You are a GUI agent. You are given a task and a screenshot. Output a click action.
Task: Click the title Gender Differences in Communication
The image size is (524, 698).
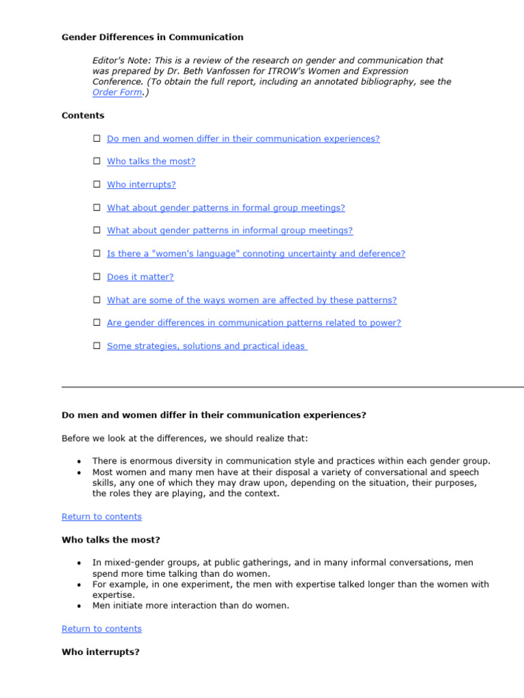[x=152, y=37]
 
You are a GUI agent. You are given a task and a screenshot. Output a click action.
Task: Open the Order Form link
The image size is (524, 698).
[x=117, y=93]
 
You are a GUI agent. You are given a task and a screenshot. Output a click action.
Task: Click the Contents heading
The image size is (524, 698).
[x=83, y=115]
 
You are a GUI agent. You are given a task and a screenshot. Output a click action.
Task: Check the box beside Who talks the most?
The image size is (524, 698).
[x=97, y=162]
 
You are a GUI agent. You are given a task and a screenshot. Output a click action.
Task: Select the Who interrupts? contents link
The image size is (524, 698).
[x=141, y=185]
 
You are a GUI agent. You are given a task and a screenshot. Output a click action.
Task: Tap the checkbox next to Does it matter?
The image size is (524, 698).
[x=97, y=277]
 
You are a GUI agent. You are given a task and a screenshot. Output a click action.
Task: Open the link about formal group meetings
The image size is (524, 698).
[x=226, y=208]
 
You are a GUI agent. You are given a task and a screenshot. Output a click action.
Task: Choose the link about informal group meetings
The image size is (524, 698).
[x=230, y=230]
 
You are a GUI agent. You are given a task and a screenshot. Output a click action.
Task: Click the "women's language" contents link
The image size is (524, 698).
[x=256, y=254]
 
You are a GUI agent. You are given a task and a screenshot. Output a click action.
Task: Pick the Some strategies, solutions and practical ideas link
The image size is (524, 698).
[x=207, y=346]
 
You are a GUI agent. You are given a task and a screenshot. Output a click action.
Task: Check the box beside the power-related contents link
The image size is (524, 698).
[x=97, y=322]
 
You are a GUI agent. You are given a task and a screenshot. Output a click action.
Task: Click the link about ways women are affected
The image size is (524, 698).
[x=252, y=300]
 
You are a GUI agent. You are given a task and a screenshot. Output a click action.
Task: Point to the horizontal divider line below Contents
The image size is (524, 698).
[x=293, y=387]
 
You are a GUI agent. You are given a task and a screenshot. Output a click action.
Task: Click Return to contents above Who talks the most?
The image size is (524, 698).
[x=102, y=517]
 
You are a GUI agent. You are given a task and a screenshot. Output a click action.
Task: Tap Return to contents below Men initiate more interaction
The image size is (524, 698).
[x=102, y=628]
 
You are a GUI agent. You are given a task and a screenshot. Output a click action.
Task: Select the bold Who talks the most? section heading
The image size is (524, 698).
[x=111, y=540]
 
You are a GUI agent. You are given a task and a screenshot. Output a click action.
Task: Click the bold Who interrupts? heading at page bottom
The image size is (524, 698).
[x=100, y=652]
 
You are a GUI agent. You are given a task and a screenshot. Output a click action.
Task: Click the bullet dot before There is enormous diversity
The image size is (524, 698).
[x=80, y=461]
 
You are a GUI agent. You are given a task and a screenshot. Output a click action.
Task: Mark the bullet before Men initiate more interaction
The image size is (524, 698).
[x=80, y=606]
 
